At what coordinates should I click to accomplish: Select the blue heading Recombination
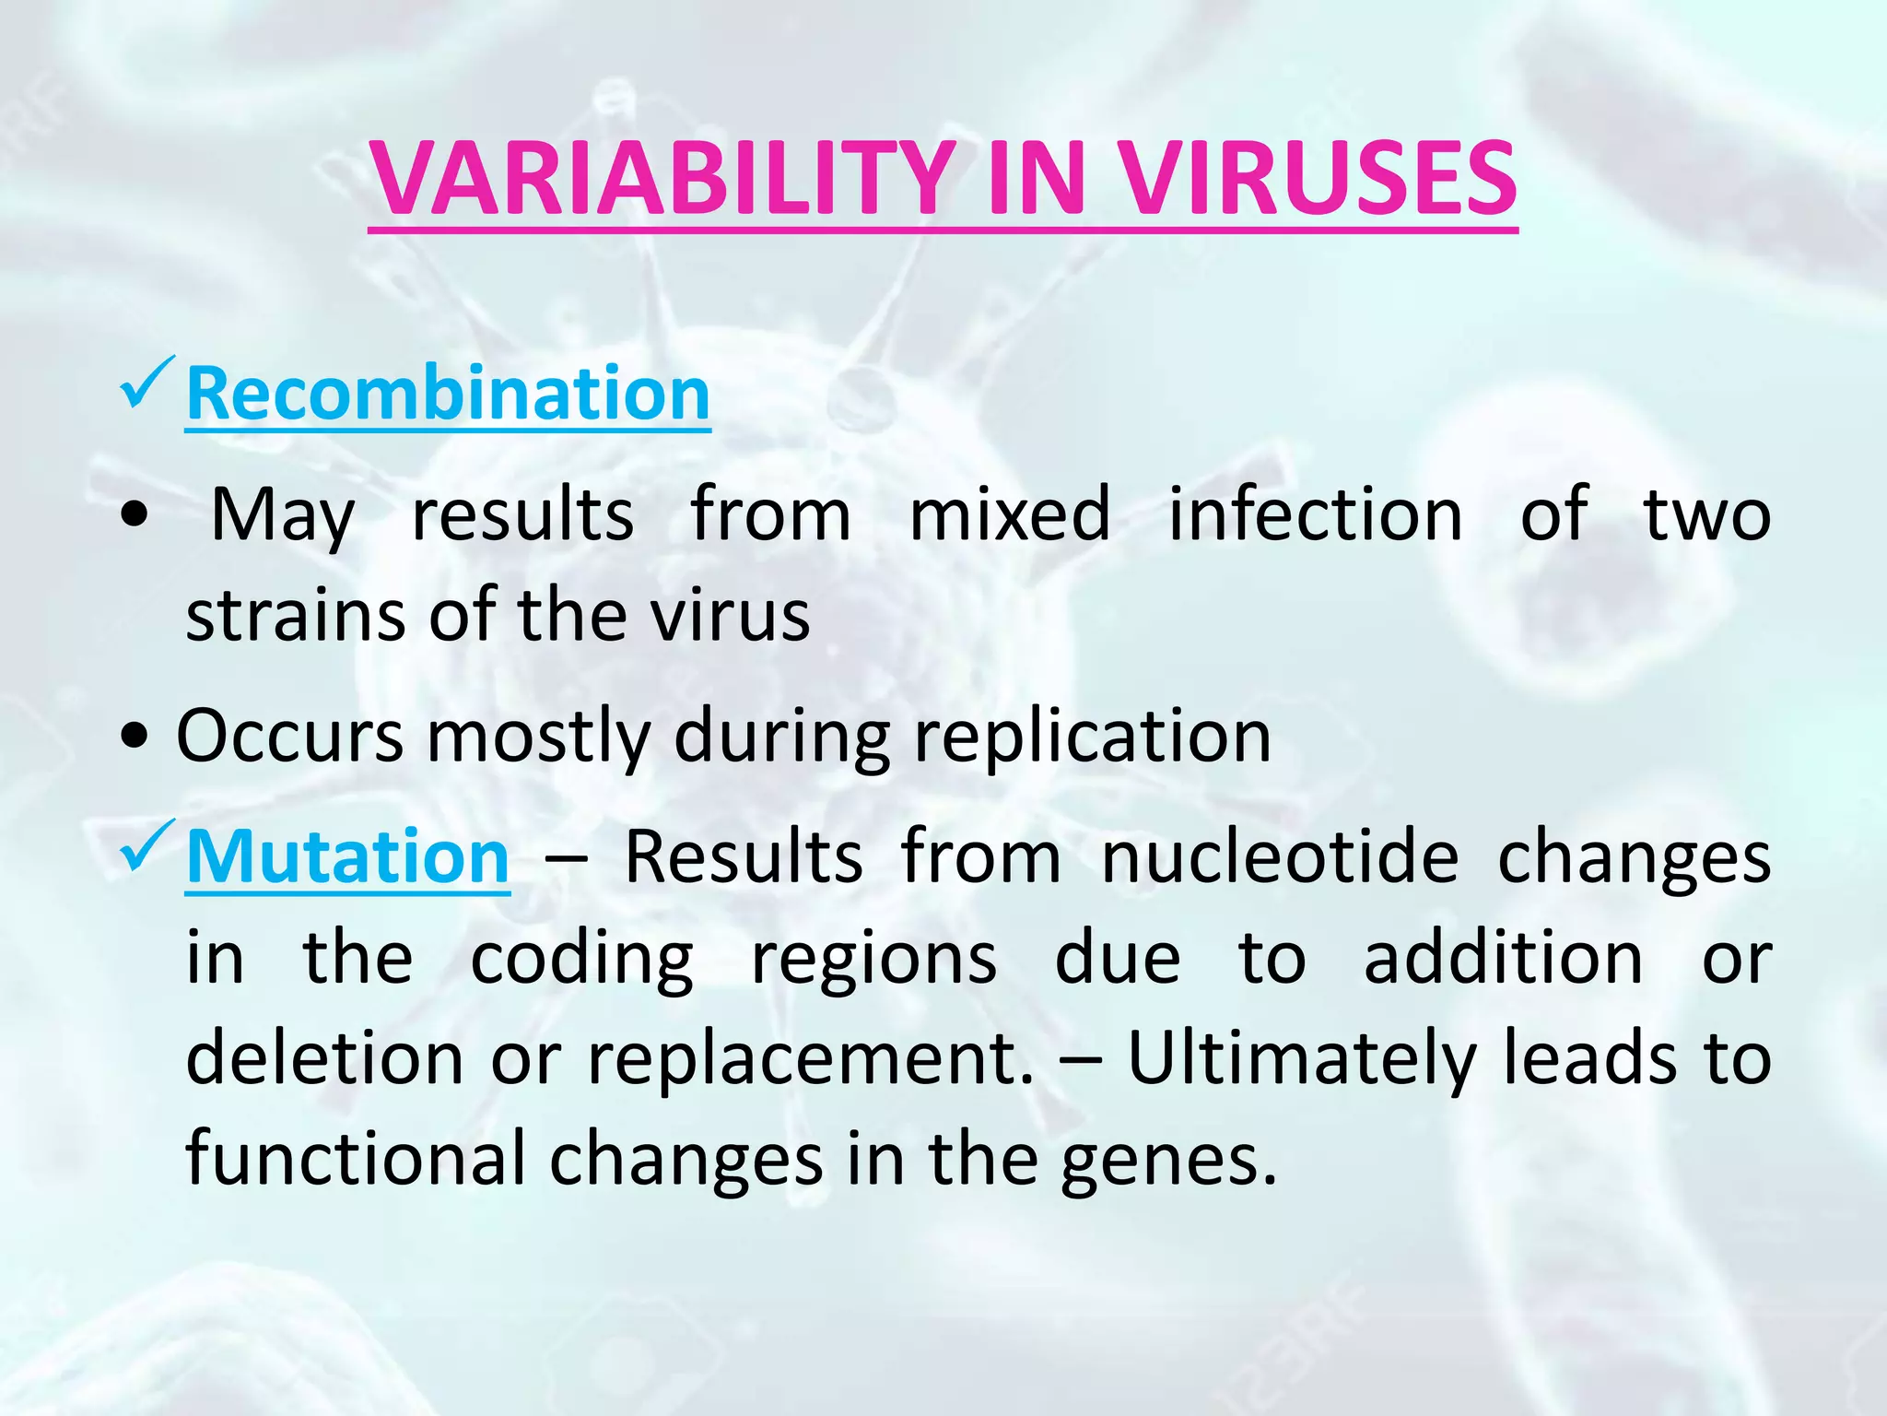coord(448,394)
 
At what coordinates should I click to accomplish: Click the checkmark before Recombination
coord(146,385)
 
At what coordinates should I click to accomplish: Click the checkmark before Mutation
coord(146,848)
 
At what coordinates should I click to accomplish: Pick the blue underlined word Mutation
coord(347,857)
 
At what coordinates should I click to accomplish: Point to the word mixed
coord(1009,514)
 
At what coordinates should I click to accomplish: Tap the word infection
coord(1315,514)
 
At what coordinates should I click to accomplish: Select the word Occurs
coord(290,737)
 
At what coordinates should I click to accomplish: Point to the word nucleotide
coord(1280,857)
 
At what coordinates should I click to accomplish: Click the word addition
coord(1503,959)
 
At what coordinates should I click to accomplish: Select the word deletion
coord(324,1058)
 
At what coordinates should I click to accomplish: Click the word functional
coord(356,1158)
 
